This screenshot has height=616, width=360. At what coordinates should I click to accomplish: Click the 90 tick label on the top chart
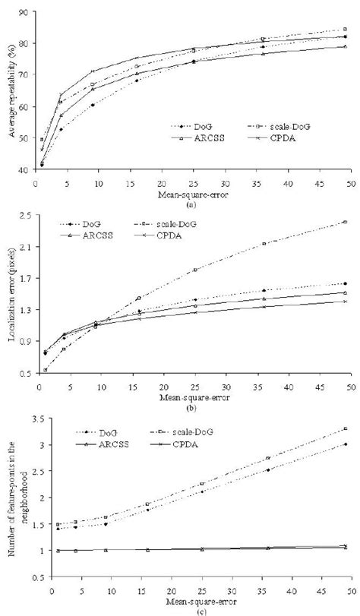pos(24,13)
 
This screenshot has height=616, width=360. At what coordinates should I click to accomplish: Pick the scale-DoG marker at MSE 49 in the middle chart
pos(345,222)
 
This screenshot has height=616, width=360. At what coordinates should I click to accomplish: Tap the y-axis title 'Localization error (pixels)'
pos(13,292)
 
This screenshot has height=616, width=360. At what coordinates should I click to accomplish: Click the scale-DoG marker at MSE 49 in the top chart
pos(345,30)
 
